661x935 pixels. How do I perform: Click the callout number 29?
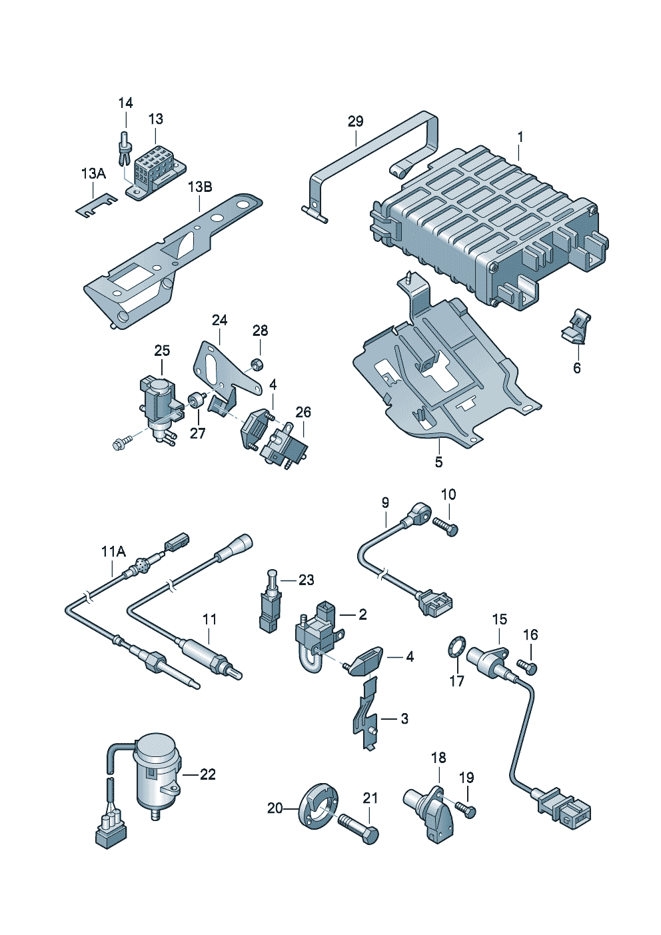[x=356, y=121]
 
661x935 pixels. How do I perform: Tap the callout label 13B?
[x=199, y=187]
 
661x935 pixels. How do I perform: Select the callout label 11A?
[x=113, y=551]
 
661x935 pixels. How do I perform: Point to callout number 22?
[x=208, y=774]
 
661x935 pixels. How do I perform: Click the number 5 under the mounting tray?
[x=438, y=461]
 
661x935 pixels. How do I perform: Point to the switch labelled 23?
[x=271, y=598]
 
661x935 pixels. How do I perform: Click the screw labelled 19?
[x=466, y=809]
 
